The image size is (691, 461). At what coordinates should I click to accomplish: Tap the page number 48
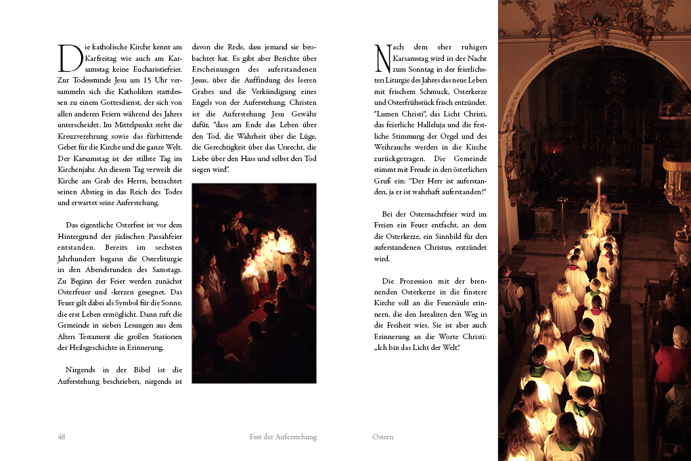(x=62, y=437)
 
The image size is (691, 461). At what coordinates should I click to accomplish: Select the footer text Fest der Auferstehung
(x=283, y=437)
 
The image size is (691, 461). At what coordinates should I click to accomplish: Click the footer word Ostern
(x=383, y=437)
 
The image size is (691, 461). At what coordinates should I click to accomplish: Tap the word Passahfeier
(x=162, y=236)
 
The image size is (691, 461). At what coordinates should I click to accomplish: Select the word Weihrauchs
(x=394, y=147)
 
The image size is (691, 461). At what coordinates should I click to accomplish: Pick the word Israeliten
(x=443, y=314)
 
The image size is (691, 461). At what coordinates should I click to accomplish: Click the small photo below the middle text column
(x=254, y=283)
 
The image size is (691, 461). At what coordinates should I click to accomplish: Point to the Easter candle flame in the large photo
(x=598, y=180)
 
